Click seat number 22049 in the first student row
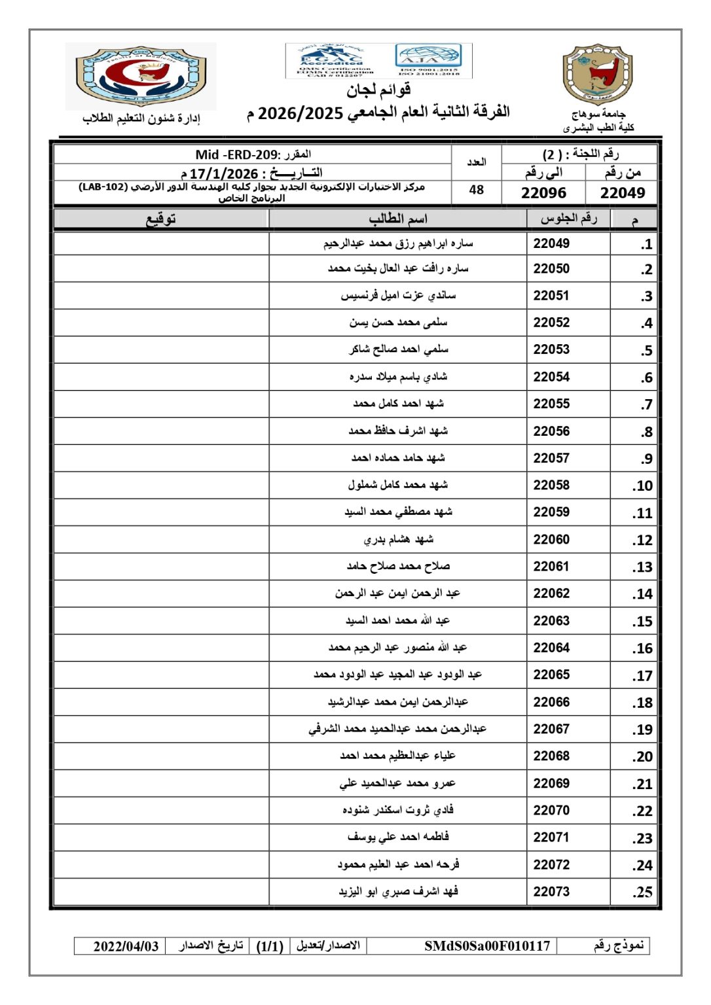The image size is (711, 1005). coord(551,243)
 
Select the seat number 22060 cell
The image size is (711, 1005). coord(551,539)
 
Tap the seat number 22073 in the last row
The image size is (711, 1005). coord(551,891)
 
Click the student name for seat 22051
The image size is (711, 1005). coord(398,296)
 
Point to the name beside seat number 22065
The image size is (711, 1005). coord(398,675)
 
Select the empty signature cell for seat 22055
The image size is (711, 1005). coord(161,404)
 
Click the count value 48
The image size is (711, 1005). coord(477,190)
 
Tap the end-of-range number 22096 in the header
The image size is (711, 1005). coord(543,193)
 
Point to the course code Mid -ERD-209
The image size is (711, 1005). coord(236,154)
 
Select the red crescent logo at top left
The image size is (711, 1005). coord(141,75)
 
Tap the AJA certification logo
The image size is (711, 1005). coord(429,59)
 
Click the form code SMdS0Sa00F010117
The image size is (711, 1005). coord(487,946)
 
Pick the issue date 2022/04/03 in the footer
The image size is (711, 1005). coord(126,946)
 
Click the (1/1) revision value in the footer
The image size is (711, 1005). coord(269,946)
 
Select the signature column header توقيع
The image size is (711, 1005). coord(161,219)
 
